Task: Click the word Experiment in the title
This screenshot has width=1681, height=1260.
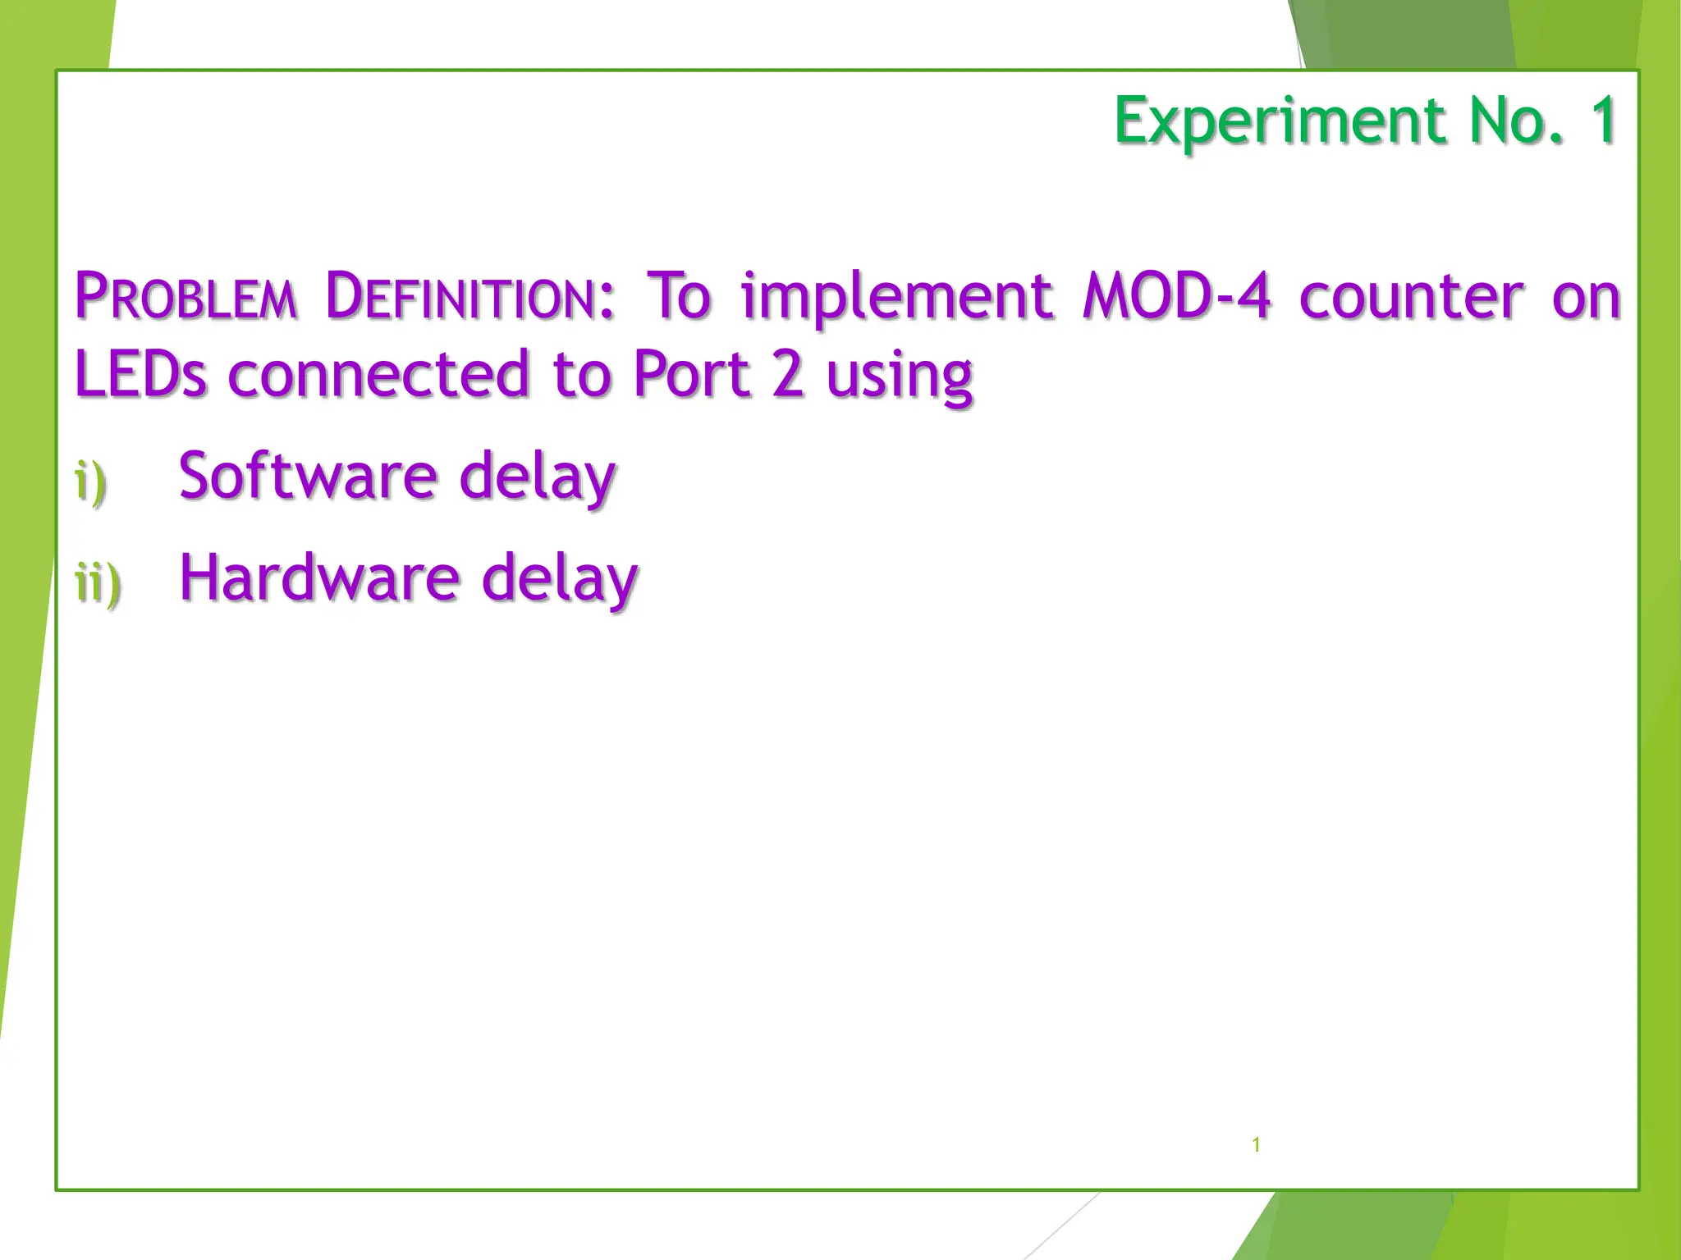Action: click(x=1280, y=121)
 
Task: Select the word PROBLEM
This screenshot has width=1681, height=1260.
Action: click(x=186, y=296)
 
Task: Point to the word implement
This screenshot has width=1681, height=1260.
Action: click(x=896, y=296)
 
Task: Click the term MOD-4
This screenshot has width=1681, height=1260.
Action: click(x=1176, y=296)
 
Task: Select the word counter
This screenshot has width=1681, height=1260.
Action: click(x=1411, y=296)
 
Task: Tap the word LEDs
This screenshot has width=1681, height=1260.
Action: click(x=140, y=375)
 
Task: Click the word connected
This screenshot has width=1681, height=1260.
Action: click(x=378, y=375)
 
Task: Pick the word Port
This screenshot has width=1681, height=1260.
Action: click(x=692, y=375)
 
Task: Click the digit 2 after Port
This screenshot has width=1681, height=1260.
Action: click(x=788, y=375)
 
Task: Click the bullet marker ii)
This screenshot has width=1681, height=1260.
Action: click(x=98, y=583)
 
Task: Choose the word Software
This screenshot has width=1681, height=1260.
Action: click(x=308, y=477)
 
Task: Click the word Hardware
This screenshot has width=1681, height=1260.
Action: click(x=318, y=578)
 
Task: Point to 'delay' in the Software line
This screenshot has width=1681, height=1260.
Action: click(x=537, y=478)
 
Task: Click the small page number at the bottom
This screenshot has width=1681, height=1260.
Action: click(x=1256, y=1144)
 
